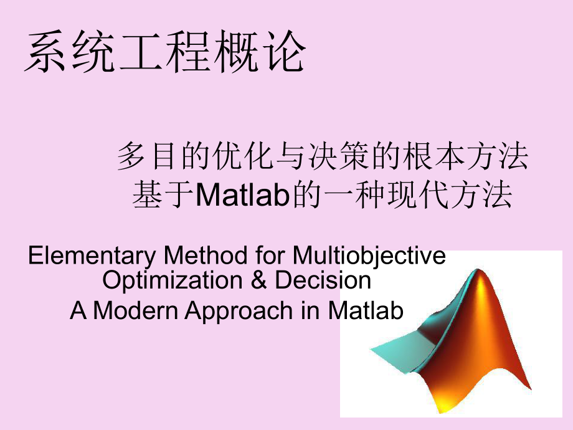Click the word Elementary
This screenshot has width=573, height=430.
(92, 256)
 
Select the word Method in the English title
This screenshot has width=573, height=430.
(206, 255)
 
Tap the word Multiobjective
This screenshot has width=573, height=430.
(369, 256)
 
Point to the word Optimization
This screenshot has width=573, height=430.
(173, 280)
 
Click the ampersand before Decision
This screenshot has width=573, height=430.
(258, 280)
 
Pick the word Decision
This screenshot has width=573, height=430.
(323, 280)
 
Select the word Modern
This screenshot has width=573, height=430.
(135, 310)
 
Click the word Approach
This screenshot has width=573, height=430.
(239, 312)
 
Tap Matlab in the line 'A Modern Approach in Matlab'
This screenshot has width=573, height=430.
(366, 310)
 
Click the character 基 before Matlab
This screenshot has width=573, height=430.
(147, 194)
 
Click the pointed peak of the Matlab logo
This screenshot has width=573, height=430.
(478, 270)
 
